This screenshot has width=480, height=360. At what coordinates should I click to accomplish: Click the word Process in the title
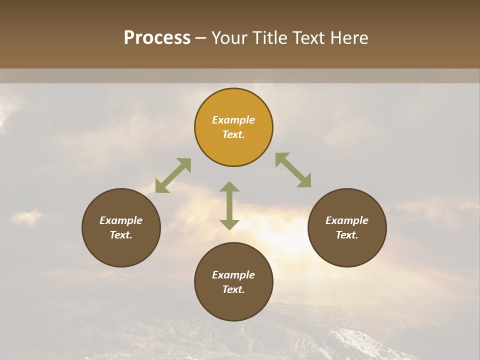[x=157, y=38]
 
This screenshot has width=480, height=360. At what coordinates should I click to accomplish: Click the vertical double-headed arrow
[x=229, y=205]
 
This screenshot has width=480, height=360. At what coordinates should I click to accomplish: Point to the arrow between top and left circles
[x=173, y=175]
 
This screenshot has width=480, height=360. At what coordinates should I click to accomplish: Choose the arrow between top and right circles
[x=293, y=170]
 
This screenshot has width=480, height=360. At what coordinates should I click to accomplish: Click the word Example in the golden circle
[x=233, y=120]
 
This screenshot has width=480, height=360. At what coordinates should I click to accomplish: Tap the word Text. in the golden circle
[x=233, y=134]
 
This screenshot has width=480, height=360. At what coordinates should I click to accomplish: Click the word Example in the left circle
[x=121, y=220]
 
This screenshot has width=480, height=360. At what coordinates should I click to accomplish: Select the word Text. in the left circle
[x=121, y=235]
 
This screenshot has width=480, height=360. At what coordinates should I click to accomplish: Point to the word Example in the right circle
[x=347, y=220]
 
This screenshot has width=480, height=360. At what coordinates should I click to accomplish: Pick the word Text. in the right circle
[x=347, y=235]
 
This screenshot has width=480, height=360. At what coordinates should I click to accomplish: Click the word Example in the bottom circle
[x=233, y=275]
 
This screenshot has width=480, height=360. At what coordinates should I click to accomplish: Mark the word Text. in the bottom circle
[x=233, y=289]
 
